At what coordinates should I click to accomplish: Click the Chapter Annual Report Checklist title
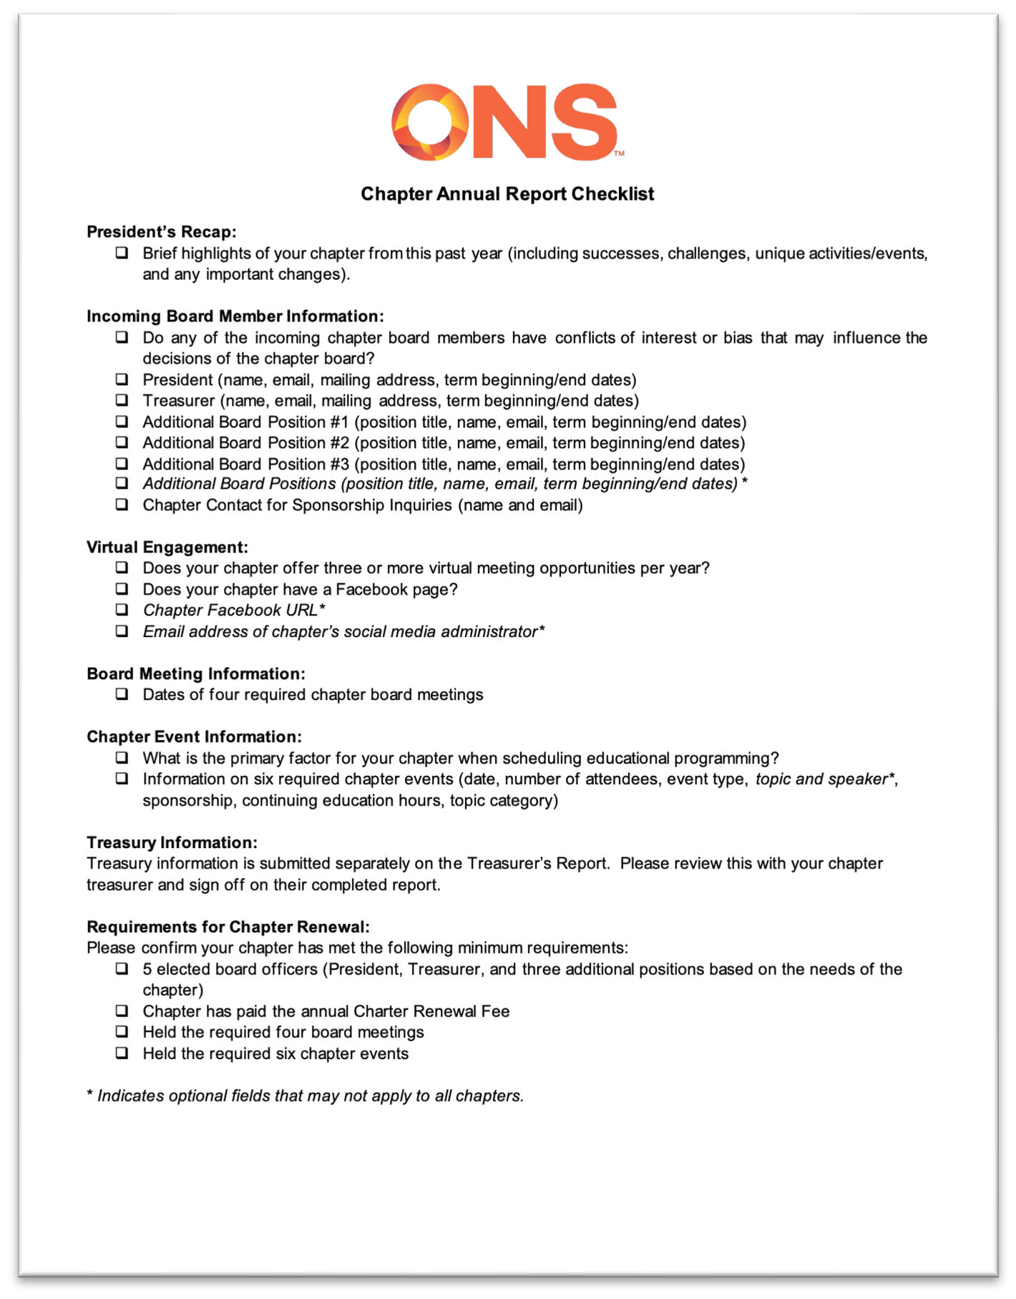tap(507, 194)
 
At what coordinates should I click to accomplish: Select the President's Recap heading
tap(161, 232)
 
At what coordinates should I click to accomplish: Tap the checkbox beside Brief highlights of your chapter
tap(122, 253)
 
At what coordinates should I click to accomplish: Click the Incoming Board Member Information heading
tap(235, 316)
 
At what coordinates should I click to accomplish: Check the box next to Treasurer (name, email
tap(122, 400)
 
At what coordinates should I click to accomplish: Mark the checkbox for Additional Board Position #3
tap(122, 464)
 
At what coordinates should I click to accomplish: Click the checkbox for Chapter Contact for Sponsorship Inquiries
tap(122, 505)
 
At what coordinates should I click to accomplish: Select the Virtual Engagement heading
tap(167, 548)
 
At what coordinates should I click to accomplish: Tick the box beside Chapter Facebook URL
tap(122, 610)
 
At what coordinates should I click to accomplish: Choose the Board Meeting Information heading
tap(195, 674)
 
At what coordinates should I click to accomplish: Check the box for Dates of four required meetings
tap(122, 694)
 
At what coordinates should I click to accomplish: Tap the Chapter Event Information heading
tap(194, 737)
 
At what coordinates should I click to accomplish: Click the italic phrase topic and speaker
tap(821, 779)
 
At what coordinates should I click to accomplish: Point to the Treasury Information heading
tap(172, 843)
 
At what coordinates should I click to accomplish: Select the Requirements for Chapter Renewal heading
tap(228, 928)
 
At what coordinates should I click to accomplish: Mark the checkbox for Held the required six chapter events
tap(122, 1054)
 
